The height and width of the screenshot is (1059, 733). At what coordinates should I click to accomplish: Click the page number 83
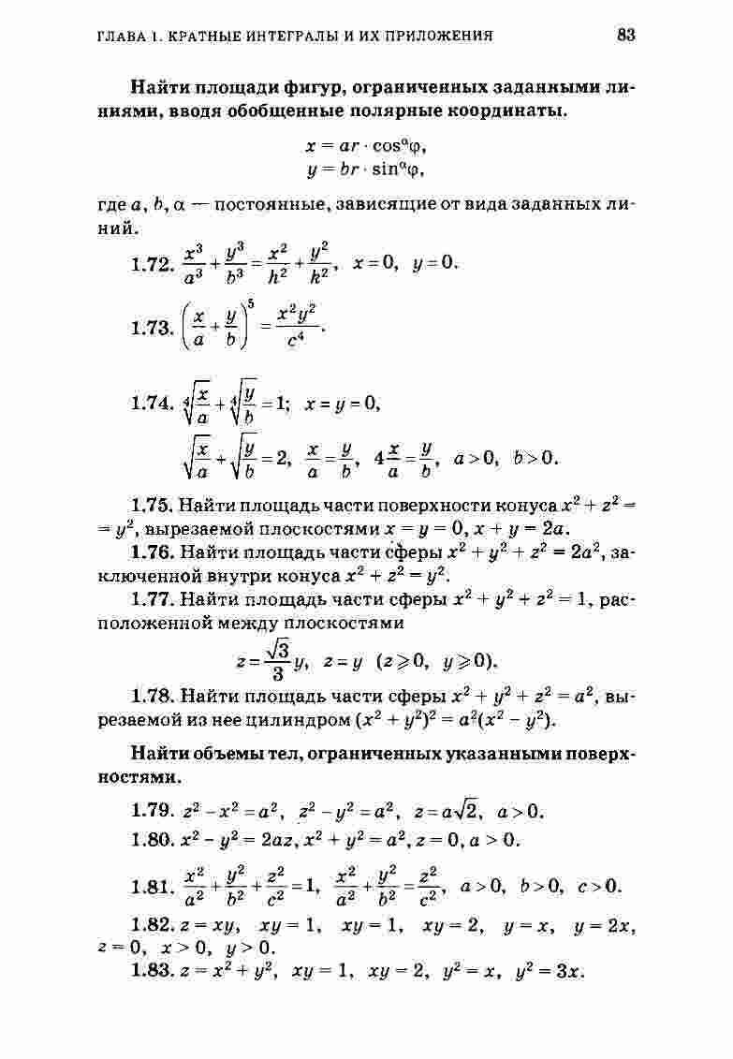(x=626, y=36)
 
